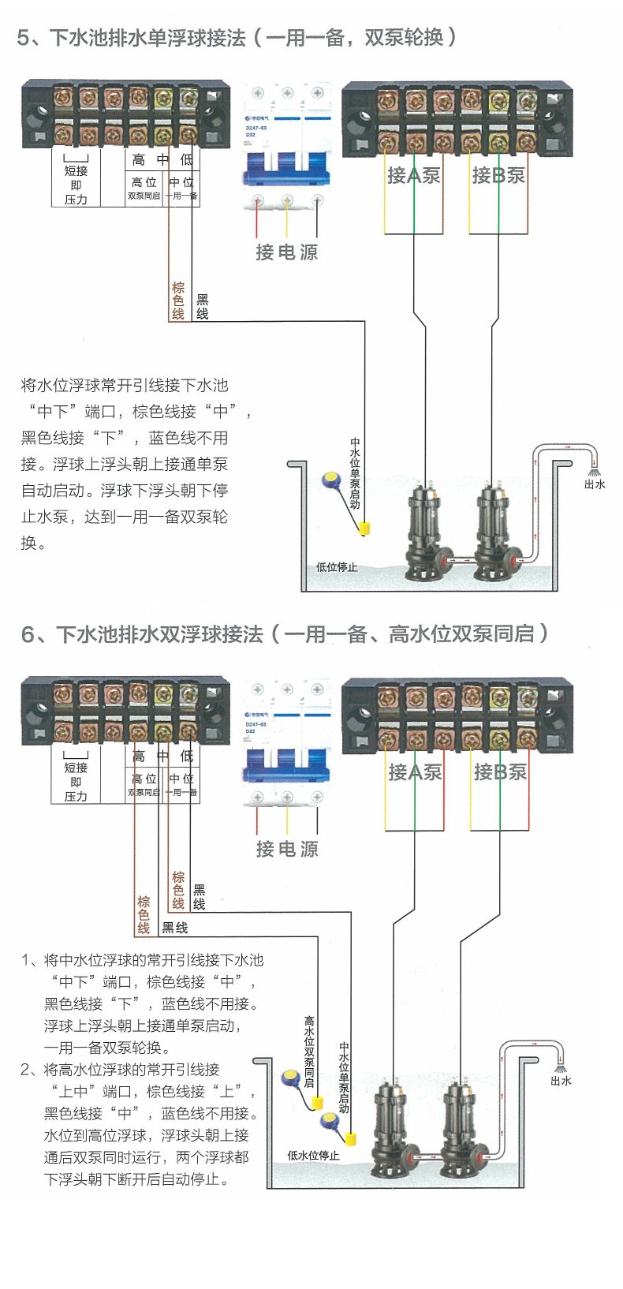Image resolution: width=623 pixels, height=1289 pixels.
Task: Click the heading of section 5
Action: coord(237,37)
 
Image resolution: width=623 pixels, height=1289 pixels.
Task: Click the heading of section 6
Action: coord(284,633)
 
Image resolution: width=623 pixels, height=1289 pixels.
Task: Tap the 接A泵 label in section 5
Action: coord(413,175)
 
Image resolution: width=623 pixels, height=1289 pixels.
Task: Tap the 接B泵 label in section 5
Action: coord(498,175)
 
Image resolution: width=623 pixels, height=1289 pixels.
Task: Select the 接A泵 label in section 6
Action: coord(415,772)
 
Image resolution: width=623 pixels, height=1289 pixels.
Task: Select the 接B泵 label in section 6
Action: coord(500,772)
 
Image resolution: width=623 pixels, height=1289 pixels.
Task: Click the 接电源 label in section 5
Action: coord(286,252)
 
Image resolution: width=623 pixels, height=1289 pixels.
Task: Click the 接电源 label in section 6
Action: coord(287,849)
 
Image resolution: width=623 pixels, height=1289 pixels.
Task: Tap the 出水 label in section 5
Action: coord(594,484)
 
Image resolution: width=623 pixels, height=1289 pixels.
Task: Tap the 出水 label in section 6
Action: coord(561,1081)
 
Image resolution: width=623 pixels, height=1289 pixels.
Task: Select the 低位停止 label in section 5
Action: coord(337,566)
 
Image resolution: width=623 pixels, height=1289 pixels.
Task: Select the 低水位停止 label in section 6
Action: coord(313,1155)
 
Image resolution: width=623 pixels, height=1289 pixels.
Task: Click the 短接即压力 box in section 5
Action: coord(76,184)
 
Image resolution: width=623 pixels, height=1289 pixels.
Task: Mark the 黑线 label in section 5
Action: coord(202,306)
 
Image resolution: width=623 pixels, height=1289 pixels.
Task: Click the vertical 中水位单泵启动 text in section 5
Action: coord(355,473)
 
